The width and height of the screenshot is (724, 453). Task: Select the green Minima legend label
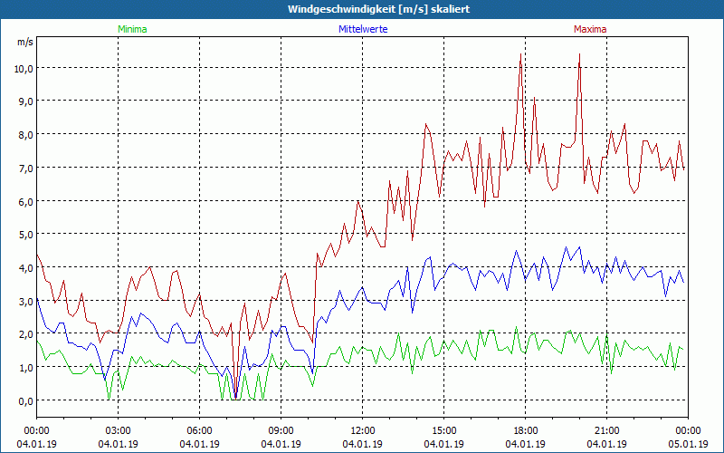tap(131, 29)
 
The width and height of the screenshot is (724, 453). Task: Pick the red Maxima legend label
tap(590, 29)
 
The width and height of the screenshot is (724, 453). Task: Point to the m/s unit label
tap(24, 42)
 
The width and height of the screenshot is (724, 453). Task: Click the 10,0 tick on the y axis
tap(23, 68)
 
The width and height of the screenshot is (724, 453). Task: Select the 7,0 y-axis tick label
tap(24, 168)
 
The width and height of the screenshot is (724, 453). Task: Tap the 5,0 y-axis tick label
tap(24, 235)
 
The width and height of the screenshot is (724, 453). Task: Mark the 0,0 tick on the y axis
tap(24, 400)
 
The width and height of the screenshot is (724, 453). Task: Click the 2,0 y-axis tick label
tap(24, 334)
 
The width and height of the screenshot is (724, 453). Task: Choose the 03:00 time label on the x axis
tap(118, 430)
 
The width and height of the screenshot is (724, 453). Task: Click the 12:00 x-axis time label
tap(362, 430)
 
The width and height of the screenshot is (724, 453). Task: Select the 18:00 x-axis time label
tap(525, 430)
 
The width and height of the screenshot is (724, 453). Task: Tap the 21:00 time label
tap(606, 430)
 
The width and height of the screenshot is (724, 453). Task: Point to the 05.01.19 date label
tap(688, 444)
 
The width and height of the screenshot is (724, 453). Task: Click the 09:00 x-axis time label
tap(281, 430)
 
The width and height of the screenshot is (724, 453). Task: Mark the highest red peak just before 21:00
tap(579, 54)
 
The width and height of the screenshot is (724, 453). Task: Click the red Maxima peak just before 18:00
tap(520, 56)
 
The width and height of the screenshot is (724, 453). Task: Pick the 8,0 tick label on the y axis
tap(24, 134)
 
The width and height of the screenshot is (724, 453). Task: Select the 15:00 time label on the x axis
tap(443, 430)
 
